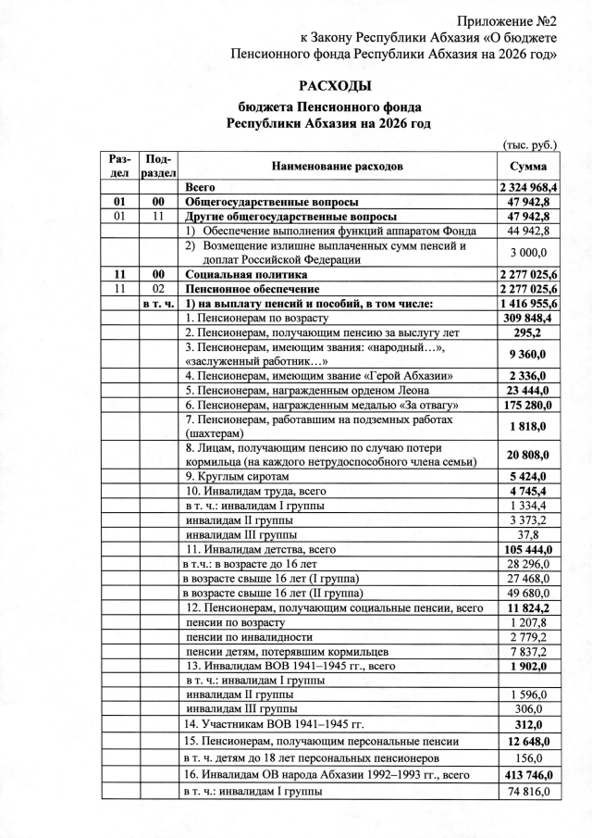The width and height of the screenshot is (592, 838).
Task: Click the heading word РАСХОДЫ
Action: point(296,87)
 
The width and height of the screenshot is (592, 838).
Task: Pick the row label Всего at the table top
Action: point(201,187)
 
